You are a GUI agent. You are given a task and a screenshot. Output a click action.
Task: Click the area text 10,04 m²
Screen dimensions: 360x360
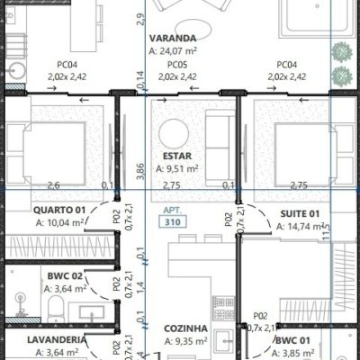point(60,224)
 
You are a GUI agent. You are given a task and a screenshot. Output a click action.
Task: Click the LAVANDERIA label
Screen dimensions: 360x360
point(56,339)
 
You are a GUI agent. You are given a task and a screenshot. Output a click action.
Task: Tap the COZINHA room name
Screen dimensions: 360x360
point(185,328)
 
